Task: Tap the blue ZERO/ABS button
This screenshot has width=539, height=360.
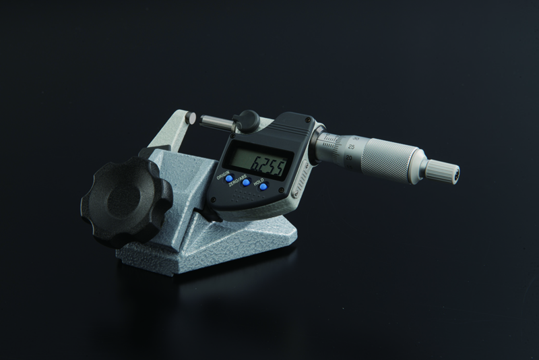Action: pyautogui.click(x=246, y=182)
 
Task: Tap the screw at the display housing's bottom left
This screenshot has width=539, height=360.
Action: pyautogui.click(x=212, y=200)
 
